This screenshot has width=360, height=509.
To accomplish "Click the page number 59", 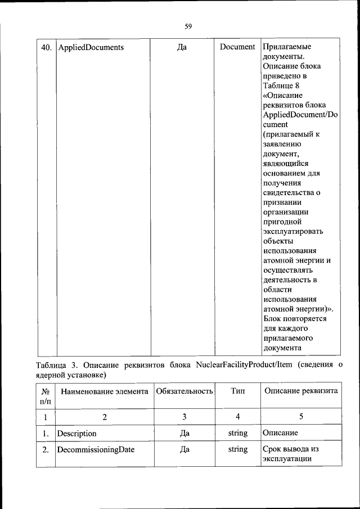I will point(188,25).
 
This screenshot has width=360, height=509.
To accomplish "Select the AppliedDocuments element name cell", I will point(91,47).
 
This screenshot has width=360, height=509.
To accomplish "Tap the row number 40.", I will point(46,47).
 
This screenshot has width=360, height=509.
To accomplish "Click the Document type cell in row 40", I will point(237,47).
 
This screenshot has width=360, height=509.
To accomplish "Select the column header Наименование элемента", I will point(104,391).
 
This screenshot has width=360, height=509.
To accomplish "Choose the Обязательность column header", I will point(184,391).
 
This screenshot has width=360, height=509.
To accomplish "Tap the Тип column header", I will point(237,391).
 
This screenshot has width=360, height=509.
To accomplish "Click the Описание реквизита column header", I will point(300,391).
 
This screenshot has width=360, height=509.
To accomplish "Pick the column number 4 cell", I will point(237,417).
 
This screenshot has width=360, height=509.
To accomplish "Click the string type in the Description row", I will point(237,434).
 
